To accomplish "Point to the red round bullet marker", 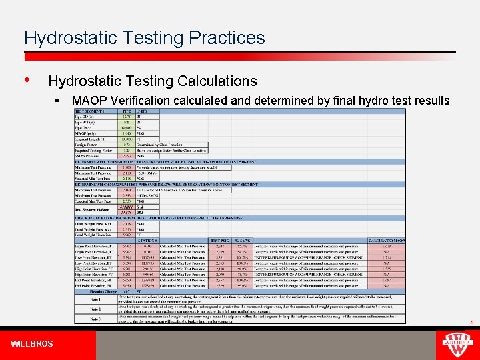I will point(27,80).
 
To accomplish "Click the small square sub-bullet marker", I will point(59,101).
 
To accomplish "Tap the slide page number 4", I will point(471,323).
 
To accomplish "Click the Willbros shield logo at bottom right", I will point(456,344).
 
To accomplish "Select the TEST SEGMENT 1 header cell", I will point(91,110).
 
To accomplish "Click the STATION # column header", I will point(149,240).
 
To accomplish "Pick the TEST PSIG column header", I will point(220,240).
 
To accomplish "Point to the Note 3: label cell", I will point(97,318).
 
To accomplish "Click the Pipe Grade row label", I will point(85,129).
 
